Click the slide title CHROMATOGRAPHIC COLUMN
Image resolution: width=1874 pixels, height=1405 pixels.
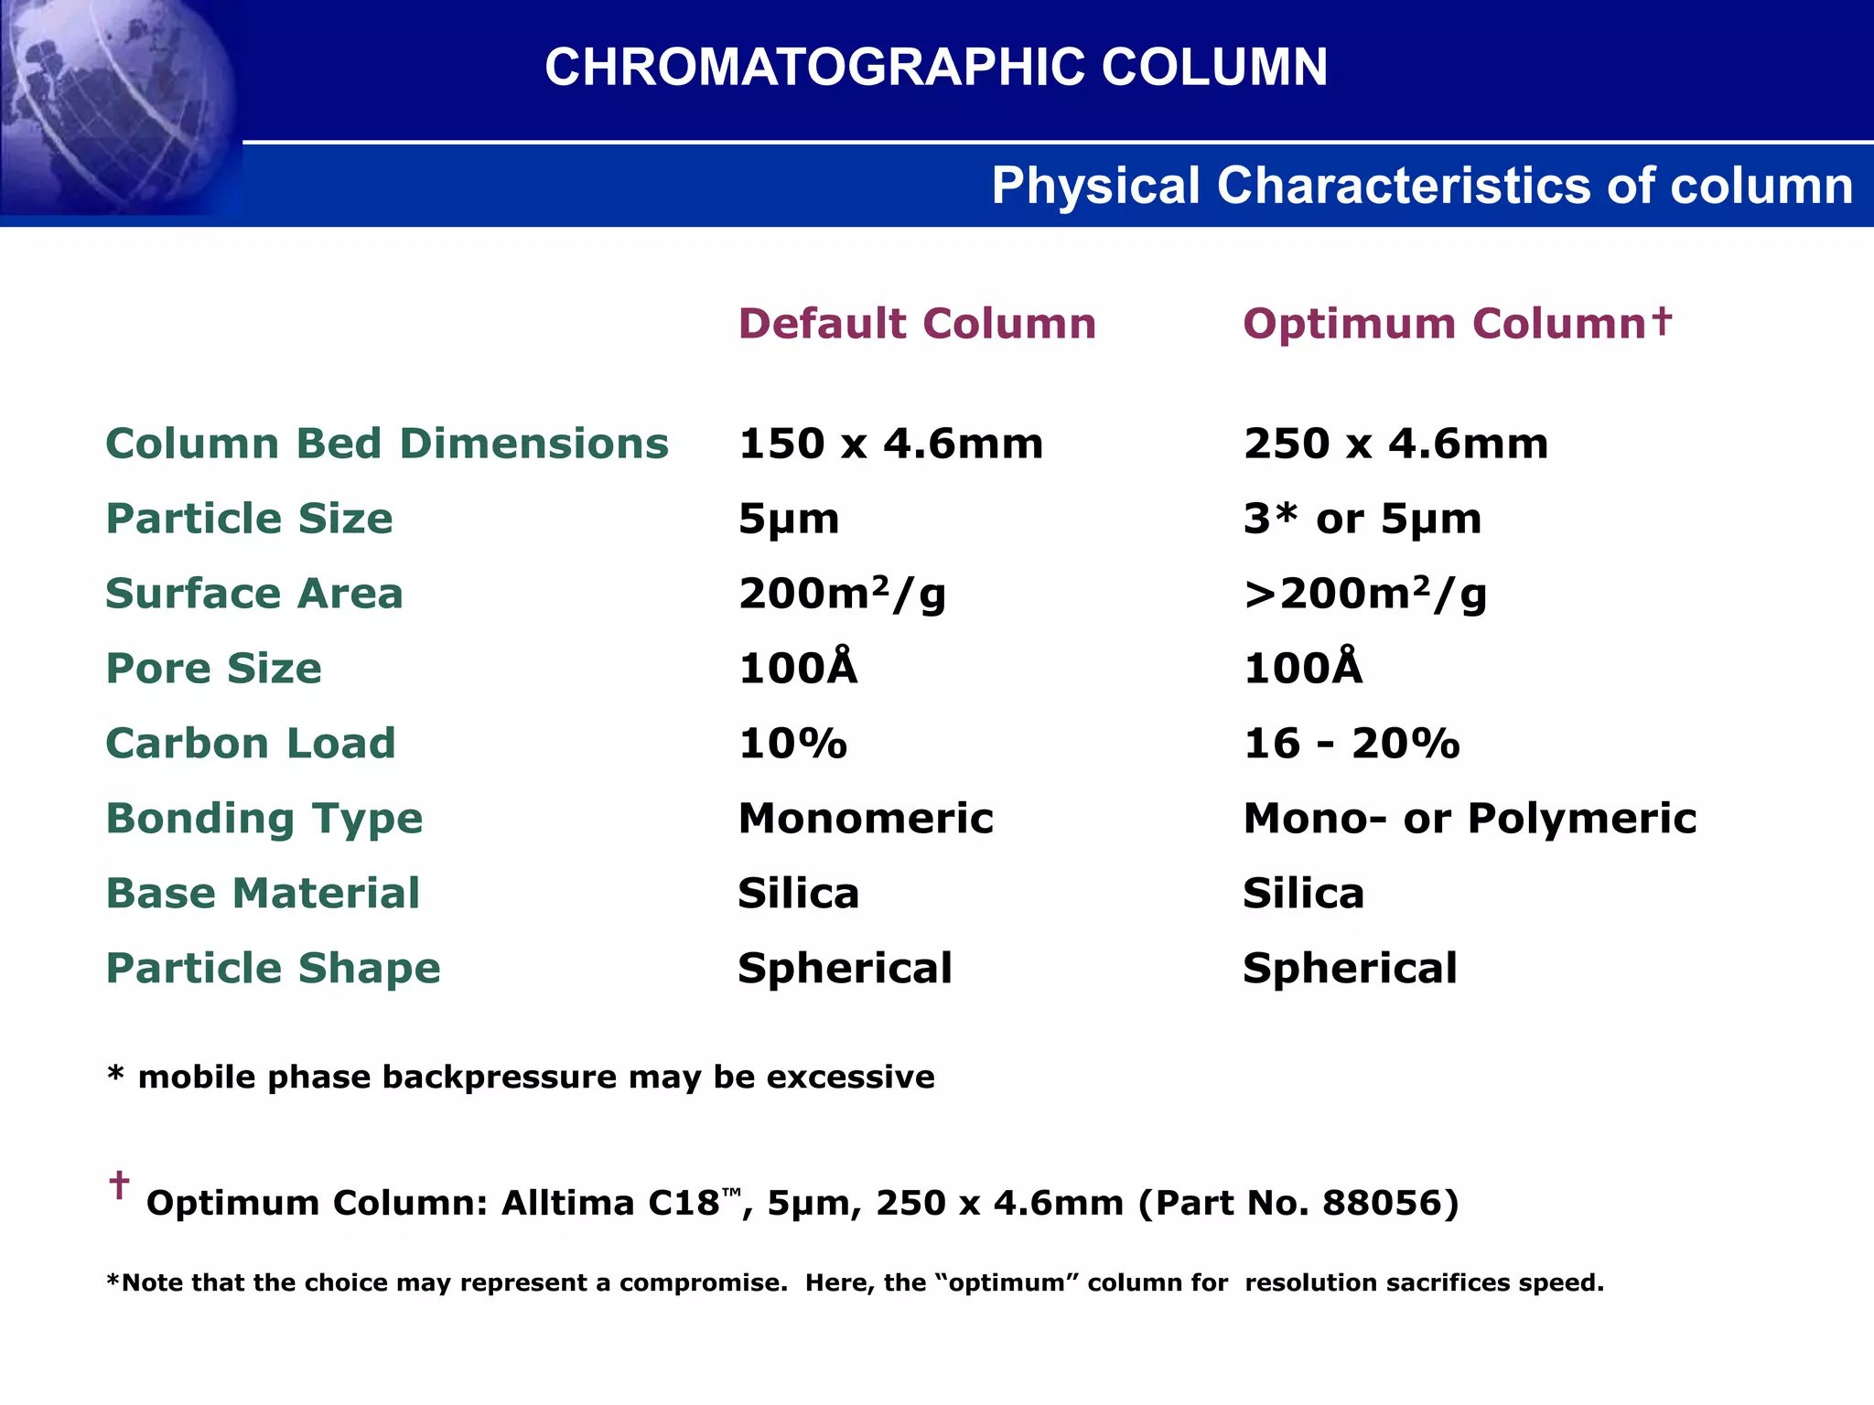[x=935, y=68]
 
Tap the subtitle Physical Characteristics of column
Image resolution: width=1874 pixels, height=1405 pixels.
[x=1421, y=186]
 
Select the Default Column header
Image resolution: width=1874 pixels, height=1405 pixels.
[x=917, y=324]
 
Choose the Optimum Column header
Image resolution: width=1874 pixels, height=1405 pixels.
[x=1457, y=324]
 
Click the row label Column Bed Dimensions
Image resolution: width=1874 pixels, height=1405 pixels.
[x=387, y=444]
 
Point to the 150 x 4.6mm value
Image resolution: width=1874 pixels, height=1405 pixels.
[x=890, y=444]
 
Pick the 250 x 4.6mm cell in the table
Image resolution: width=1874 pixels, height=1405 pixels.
[x=1395, y=444]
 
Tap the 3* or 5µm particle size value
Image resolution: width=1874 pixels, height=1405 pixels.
[x=1362, y=519]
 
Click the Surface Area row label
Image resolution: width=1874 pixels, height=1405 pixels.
[x=254, y=594]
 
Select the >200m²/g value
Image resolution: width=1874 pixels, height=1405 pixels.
[x=1364, y=594]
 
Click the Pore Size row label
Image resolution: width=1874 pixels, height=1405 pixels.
[x=214, y=669]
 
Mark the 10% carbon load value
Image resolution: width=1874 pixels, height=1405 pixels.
[x=792, y=744]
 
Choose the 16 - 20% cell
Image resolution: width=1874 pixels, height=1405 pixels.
[x=1351, y=744]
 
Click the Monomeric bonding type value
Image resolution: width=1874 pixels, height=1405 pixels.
[x=866, y=819]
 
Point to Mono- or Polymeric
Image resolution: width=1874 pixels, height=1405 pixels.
[x=1470, y=819]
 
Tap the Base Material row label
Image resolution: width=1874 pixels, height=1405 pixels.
[x=263, y=894]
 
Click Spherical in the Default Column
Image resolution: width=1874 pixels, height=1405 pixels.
[x=845, y=969]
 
